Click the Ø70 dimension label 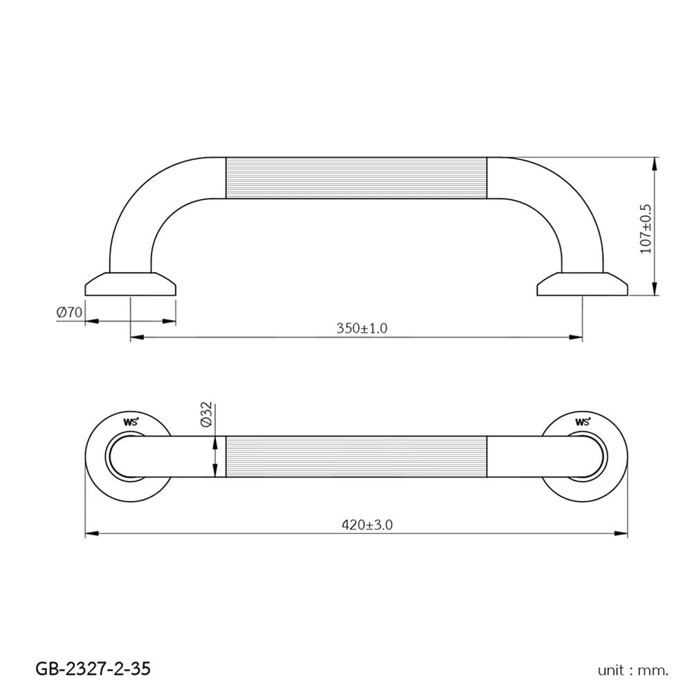69,313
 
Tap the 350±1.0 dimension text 362,328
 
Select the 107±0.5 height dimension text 646,228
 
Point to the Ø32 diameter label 206,414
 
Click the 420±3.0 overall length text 367,525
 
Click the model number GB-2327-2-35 93,668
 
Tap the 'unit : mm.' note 633,671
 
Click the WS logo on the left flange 131,421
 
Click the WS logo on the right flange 583,421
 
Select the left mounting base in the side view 131,284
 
